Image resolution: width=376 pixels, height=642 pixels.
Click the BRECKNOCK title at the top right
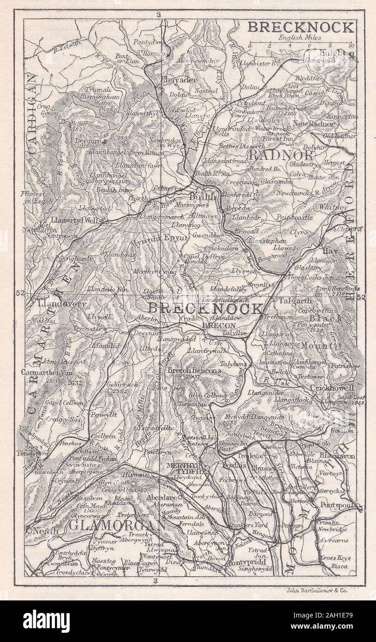pyautogui.click(x=301, y=27)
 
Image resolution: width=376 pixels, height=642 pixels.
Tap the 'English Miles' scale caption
pyautogui.click(x=300, y=37)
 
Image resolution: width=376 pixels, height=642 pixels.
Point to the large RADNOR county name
pyautogui.click(x=281, y=155)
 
